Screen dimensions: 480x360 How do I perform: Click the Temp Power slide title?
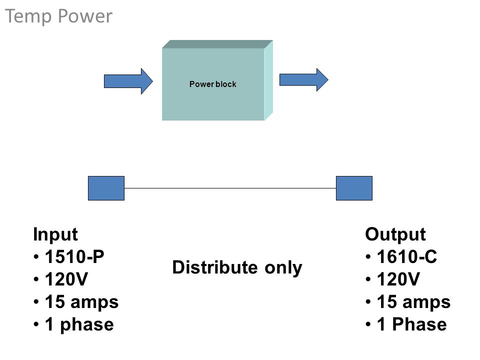tap(59, 16)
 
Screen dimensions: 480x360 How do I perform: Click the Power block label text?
tap(213, 84)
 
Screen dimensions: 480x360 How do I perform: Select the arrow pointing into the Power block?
tap(128, 81)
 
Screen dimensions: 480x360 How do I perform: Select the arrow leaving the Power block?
tap(303, 80)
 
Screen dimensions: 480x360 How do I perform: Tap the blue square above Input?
tap(106, 188)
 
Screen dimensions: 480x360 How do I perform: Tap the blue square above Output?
tap(354, 188)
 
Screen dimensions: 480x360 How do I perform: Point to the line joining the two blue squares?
tap(230, 188)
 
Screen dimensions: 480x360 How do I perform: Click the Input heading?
tap(55, 235)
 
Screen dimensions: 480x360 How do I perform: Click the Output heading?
tap(395, 235)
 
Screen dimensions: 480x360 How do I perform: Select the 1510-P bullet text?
tap(74, 256)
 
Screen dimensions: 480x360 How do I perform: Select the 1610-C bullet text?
tap(407, 256)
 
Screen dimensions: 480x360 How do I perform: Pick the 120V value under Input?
tap(66, 279)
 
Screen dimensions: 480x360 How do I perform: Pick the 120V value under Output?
tap(398, 279)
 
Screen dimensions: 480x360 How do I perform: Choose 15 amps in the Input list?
tap(81, 302)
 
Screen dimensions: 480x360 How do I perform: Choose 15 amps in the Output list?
tap(414, 302)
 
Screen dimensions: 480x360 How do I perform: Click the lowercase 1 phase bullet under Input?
tap(79, 325)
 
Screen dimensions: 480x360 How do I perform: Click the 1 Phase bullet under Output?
tap(412, 324)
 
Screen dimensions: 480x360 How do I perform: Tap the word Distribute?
tap(215, 267)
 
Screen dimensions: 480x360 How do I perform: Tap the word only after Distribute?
tap(283, 268)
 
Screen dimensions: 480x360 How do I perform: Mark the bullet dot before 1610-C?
tap(368, 257)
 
